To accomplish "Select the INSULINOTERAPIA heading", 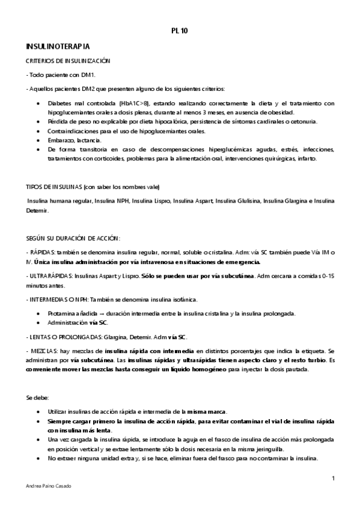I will pyautogui.click(x=58, y=46).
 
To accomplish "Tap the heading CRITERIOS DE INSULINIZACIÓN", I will pyautogui.click(x=68, y=61).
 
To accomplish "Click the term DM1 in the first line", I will pyautogui.click(x=88, y=75).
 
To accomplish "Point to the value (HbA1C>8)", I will pyautogui.click(x=134, y=103).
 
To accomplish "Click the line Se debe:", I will pyautogui.click(x=34, y=398).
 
